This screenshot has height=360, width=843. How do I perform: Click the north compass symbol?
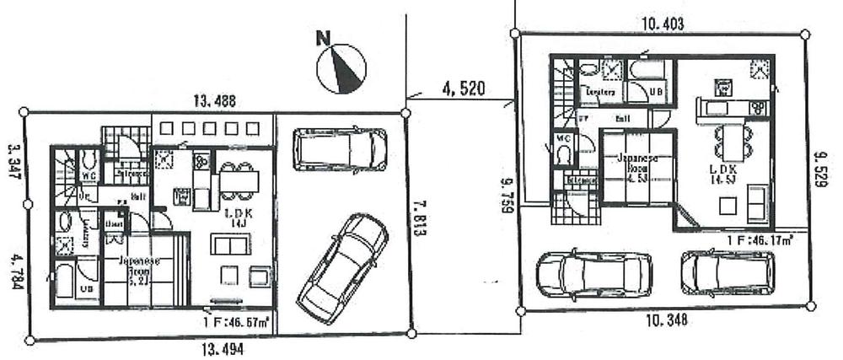[341, 65]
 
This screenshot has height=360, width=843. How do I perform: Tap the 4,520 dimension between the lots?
[462, 88]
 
